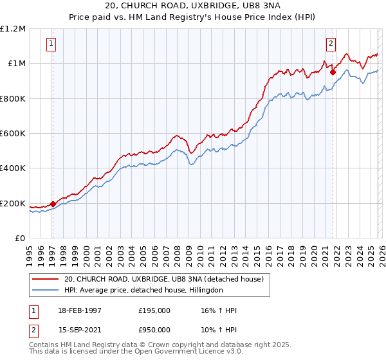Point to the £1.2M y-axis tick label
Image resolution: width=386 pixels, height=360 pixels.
click(13, 28)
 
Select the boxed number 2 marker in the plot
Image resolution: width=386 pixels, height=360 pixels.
click(331, 44)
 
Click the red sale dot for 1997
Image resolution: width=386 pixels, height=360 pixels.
click(53, 204)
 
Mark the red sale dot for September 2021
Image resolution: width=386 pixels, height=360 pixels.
click(333, 72)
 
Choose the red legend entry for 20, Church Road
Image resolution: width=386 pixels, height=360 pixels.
click(164, 279)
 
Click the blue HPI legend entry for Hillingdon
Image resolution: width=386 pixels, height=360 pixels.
click(143, 291)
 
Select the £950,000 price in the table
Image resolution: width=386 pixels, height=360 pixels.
click(154, 329)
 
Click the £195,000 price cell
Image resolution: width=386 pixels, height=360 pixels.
click(154, 310)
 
